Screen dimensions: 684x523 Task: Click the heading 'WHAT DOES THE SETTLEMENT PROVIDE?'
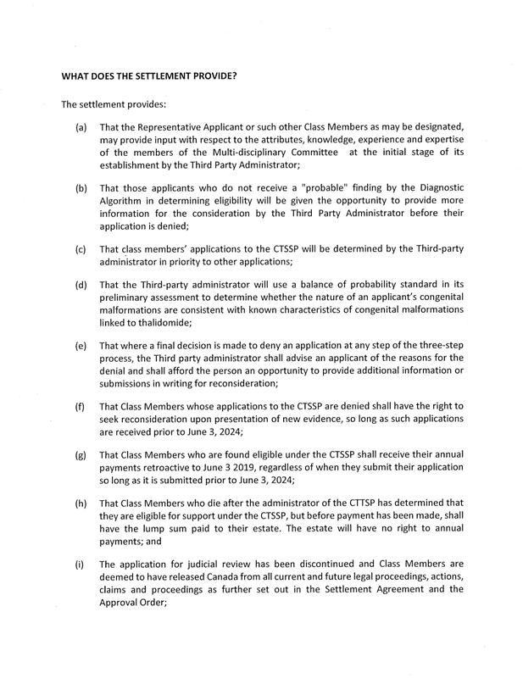coord(148,75)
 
